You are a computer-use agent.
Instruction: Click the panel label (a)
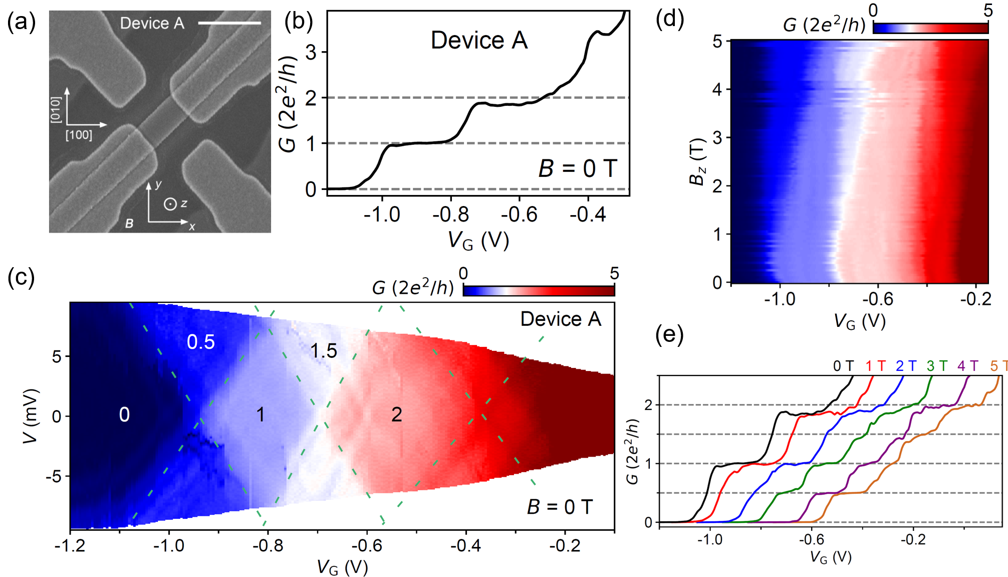21,23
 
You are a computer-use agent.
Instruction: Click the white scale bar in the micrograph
229,23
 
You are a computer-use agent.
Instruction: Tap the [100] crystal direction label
79,135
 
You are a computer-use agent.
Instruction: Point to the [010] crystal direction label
56,109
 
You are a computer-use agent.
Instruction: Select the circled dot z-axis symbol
170,204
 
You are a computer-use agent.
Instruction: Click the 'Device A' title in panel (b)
479,40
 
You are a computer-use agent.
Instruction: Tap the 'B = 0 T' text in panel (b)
577,168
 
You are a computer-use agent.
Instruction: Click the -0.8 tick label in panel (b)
450,215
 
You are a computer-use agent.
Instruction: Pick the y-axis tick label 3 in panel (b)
311,52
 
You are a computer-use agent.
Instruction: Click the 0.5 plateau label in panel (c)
200,342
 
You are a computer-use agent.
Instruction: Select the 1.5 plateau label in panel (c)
324,351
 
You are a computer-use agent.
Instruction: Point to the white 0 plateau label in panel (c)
124,415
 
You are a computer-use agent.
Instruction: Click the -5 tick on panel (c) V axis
54,476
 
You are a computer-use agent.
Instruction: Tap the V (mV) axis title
31,416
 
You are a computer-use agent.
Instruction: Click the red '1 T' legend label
876,366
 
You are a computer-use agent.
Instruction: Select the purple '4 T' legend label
967,366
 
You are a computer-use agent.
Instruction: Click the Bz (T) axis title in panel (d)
698,161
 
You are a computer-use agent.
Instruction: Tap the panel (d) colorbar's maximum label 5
988,11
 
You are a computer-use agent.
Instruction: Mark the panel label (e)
669,335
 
